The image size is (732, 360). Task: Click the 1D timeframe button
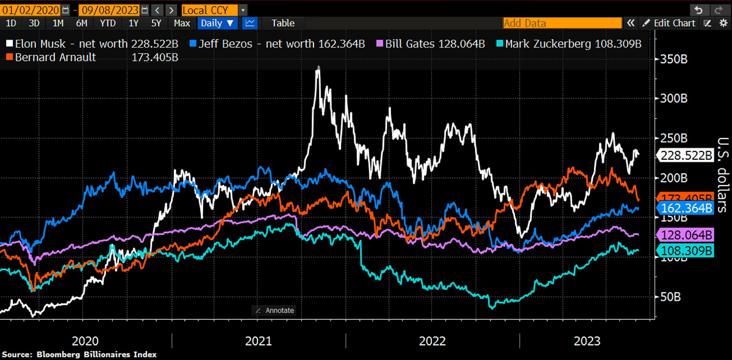coord(11,23)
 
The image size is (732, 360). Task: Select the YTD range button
coord(107,23)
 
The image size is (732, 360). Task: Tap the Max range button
coord(182,23)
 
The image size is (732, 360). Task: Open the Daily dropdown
coord(218,23)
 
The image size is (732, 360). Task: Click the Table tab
coord(283,23)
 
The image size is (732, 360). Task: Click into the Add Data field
coord(561,23)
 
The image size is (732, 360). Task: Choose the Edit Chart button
coord(674,23)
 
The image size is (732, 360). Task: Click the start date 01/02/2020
coord(30,10)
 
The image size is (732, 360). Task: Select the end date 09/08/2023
coord(109,10)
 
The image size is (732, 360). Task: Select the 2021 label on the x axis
coord(258,340)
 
